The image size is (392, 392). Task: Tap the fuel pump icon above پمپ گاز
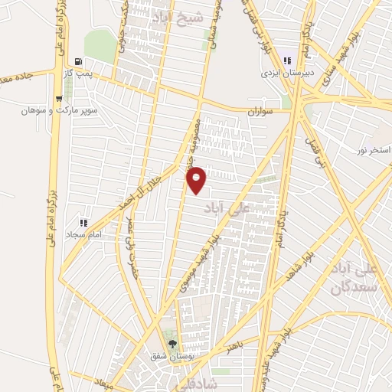(x=79, y=61)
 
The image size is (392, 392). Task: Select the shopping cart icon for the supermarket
(x=60, y=99)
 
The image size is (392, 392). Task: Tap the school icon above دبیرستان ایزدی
(x=287, y=61)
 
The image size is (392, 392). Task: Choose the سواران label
(x=260, y=112)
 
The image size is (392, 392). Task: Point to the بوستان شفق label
(x=174, y=354)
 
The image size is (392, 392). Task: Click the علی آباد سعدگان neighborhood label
(x=354, y=279)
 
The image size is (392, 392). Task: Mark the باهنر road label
(x=236, y=349)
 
